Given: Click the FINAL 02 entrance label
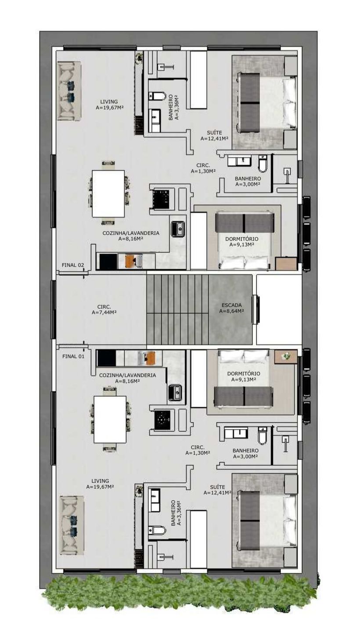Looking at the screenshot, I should tap(72, 265).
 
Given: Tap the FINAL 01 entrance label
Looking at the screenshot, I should tap(73, 356).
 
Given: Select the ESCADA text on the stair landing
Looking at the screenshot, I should tap(231, 305).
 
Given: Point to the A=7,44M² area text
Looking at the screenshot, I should tap(104, 312).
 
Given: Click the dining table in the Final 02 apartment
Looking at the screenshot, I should tap(108, 194).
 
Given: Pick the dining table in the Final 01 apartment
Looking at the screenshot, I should tap(110, 420).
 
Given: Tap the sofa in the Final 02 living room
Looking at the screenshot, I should tap(69, 91).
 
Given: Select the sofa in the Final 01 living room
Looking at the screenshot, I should tap(72, 525).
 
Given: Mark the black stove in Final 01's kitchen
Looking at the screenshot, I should tap(164, 420).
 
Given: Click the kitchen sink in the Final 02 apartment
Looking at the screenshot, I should tap(178, 229).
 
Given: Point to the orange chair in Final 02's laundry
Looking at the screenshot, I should tap(130, 261).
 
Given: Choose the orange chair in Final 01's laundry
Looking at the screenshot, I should tap(150, 358).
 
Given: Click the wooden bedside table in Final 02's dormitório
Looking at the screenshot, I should tap(286, 263).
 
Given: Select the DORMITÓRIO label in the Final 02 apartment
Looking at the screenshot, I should tap(241, 239).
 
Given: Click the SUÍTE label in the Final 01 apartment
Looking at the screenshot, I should tap(217, 487).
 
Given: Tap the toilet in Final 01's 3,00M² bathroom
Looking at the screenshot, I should tap(263, 436).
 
